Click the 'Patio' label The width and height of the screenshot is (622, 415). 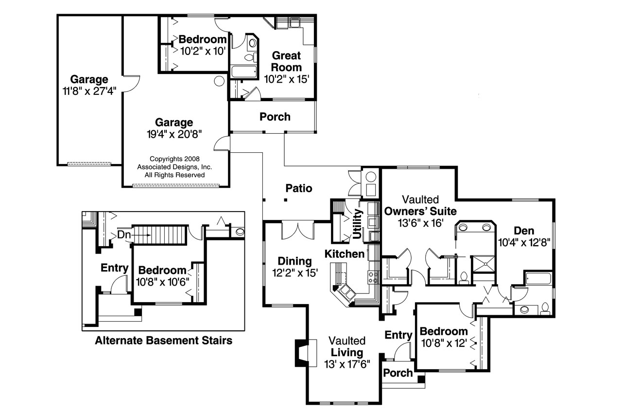[x=298, y=188]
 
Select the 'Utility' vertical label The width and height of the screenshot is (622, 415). [x=359, y=224]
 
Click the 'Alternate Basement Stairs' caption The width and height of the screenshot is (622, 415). [x=163, y=341]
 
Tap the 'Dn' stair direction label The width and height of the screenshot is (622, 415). [x=124, y=235]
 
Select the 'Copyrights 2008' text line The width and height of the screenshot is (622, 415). [x=174, y=159]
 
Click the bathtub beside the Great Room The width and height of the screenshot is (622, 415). [x=244, y=72]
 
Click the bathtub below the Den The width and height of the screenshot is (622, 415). [x=538, y=279]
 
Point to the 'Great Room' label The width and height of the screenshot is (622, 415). [x=286, y=61]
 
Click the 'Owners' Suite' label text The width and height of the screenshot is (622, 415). [x=420, y=211]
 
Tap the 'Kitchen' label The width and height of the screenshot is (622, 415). [x=345, y=254]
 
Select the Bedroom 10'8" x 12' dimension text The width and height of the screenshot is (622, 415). [x=444, y=343]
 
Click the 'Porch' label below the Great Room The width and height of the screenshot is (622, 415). [x=275, y=117]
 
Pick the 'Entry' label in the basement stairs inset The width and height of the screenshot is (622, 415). [x=114, y=268]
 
